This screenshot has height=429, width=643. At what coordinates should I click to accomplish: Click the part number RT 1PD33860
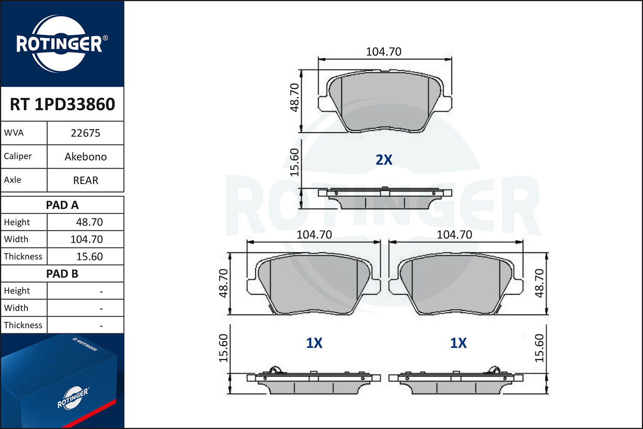coord(62,104)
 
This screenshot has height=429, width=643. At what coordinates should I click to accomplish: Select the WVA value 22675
coord(85,133)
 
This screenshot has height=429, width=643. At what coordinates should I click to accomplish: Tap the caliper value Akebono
coord(86,157)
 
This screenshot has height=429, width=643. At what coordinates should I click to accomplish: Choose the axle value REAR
coord(86,180)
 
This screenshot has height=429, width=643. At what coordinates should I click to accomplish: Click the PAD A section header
coord(62,205)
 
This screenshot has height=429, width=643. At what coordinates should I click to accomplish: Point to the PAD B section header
coord(62,274)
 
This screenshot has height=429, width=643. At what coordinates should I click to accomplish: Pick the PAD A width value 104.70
coord(87,239)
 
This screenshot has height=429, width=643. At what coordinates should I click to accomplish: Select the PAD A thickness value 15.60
coord(89,256)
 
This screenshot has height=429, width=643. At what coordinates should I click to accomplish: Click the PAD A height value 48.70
coord(89,222)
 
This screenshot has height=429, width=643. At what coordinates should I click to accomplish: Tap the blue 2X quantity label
coord(384,160)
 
